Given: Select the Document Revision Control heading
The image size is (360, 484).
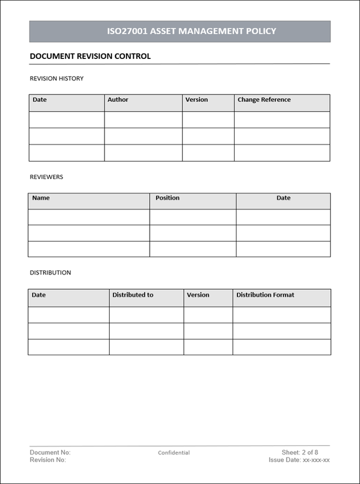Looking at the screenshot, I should (x=90, y=56).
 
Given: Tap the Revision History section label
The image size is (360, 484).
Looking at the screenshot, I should (x=56, y=78).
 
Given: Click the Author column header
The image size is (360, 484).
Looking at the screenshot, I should (x=118, y=100).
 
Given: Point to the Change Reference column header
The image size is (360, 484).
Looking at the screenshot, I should (x=264, y=100).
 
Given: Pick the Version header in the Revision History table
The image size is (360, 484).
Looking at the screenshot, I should (x=196, y=100).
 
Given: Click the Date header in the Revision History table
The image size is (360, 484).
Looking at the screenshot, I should (x=39, y=100).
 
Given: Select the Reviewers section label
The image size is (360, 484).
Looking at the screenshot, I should (x=46, y=177).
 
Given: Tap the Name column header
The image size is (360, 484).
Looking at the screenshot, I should (x=41, y=198).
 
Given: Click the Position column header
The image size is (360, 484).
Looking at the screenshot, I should (x=167, y=198).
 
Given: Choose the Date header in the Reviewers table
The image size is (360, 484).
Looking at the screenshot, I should (x=283, y=198).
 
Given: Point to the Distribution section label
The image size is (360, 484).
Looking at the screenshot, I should (x=50, y=273).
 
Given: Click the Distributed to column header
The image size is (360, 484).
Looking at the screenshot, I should (x=132, y=295).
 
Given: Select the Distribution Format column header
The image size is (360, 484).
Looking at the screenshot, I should (x=265, y=295).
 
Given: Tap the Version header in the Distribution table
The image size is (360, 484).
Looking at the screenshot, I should (x=198, y=295).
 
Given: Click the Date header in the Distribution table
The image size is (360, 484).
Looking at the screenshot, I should (x=38, y=295).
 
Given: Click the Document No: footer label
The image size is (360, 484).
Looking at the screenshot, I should (x=50, y=453).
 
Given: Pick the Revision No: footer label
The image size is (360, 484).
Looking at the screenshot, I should (x=48, y=460).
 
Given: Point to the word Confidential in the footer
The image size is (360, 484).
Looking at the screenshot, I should (x=174, y=453).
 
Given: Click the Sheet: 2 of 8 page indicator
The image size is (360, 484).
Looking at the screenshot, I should (x=300, y=453).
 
